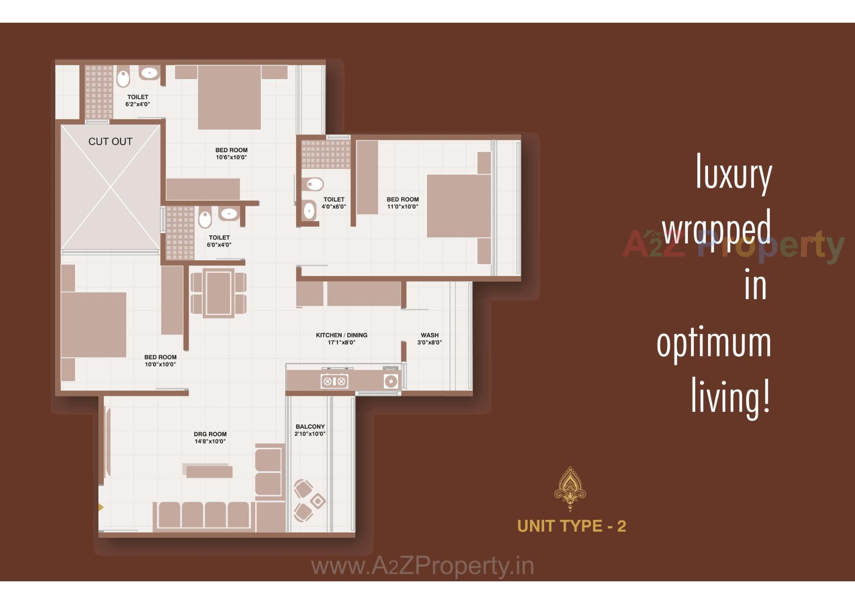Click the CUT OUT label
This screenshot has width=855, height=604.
(x=110, y=142)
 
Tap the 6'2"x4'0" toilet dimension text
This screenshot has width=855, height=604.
(x=138, y=105)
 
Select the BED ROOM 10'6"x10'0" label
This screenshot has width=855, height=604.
(x=231, y=154)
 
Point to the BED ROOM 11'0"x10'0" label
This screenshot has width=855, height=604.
(x=403, y=203)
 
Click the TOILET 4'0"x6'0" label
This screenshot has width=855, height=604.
(x=334, y=203)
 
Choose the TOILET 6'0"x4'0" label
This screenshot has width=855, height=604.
(x=219, y=241)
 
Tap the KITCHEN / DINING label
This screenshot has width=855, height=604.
(x=342, y=335)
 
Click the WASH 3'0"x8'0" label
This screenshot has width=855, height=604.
(x=429, y=339)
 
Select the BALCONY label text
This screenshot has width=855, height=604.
(x=310, y=426)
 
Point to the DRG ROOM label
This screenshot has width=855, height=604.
(x=210, y=434)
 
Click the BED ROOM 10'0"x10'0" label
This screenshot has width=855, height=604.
(x=160, y=361)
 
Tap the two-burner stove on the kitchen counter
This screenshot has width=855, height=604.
(x=334, y=381)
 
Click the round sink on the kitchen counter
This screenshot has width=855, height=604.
(x=391, y=381)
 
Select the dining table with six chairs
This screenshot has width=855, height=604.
(x=218, y=292)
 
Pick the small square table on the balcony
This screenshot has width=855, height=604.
(x=318, y=501)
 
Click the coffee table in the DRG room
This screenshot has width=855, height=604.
(x=208, y=471)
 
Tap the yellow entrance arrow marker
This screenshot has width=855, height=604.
(x=101, y=507)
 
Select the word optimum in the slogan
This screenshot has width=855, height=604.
(x=714, y=344)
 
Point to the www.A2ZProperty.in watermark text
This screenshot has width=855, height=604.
(x=422, y=566)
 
